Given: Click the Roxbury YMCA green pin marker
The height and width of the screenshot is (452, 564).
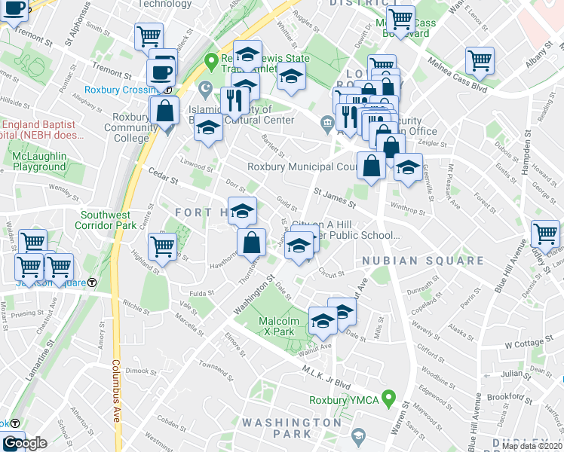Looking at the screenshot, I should click(x=389, y=396).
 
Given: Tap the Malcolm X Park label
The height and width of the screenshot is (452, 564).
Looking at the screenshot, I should click(x=276, y=326).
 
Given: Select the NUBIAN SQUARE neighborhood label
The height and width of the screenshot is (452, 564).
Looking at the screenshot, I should click(x=422, y=261).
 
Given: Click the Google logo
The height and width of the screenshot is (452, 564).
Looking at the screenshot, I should click(x=24, y=443).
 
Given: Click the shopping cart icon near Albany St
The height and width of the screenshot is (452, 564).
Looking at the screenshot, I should click(x=480, y=60).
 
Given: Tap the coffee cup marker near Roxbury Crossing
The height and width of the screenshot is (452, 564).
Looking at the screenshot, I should click(x=162, y=72).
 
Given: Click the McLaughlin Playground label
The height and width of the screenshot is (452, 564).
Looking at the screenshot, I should click(x=39, y=160).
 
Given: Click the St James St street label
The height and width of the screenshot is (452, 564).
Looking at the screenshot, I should click(x=335, y=200).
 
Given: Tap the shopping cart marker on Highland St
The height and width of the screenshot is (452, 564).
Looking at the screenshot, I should click(x=163, y=246).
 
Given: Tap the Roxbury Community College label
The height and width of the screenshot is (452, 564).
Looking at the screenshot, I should click(x=131, y=127).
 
